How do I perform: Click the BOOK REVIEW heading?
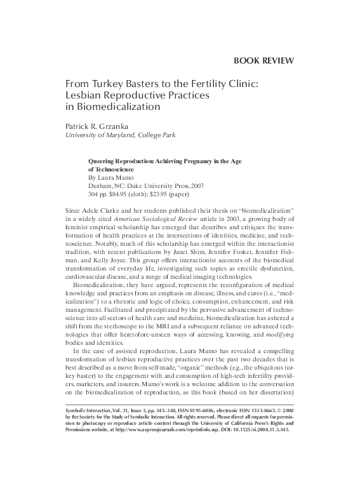[263, 61]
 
